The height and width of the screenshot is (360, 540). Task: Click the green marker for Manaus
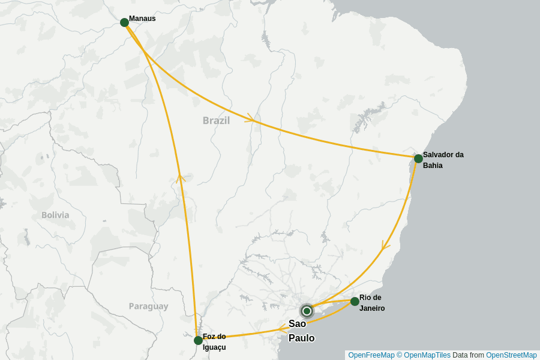124,22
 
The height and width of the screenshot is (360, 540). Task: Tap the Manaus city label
142,19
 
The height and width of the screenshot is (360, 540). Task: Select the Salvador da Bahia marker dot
418,158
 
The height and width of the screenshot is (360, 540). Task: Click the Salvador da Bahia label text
443,160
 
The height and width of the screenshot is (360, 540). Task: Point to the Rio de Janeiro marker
355,301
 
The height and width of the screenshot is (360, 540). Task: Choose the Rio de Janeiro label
372,303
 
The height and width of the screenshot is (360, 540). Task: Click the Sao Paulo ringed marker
307,311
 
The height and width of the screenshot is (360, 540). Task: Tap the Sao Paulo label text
301,331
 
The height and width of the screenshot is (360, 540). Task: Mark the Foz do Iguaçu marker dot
198,340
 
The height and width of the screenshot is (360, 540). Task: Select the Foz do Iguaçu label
214,341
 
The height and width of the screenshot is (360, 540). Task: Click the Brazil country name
216,121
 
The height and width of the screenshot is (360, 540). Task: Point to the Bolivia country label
55,215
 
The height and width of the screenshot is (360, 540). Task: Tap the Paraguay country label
148,307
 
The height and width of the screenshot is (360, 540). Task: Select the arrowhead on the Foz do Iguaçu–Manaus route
181,177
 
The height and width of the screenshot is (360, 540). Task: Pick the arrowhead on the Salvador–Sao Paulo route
386,246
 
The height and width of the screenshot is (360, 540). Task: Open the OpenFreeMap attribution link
371,355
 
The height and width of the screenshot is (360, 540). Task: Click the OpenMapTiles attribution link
427,355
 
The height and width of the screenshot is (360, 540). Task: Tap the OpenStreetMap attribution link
511,355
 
